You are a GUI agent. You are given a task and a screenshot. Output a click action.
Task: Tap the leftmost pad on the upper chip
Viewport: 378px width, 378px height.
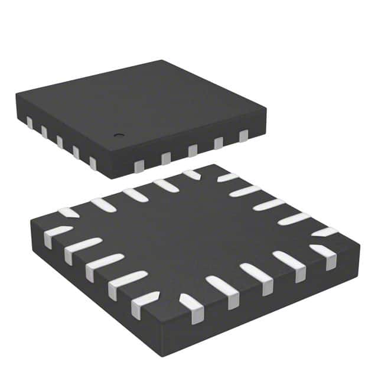point(29,122)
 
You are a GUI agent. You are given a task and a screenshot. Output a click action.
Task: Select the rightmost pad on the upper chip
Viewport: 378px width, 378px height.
point(243,137)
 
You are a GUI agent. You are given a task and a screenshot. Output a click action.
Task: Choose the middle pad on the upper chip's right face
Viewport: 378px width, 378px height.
point(192,151)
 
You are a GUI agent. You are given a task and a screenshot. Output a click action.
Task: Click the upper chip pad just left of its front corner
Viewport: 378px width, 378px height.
point(93,163)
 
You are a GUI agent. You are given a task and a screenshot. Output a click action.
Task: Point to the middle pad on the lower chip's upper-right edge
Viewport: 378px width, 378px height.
point(269,204)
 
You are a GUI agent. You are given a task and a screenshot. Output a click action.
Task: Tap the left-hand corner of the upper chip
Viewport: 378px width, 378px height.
point(16,94)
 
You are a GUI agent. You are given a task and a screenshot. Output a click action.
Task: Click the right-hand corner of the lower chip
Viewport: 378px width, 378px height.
point(359,243)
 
